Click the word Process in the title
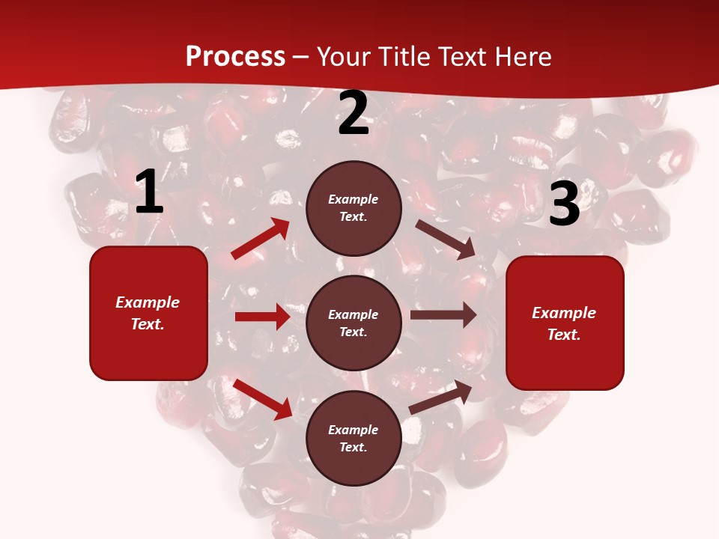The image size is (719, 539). (x=235, y=57)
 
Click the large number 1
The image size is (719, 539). (x=149, y=193)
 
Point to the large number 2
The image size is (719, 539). (x=354, y=114)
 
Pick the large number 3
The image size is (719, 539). (x=565, y=204)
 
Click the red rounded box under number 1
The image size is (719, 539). (x=148, y=313)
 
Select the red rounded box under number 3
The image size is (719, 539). (x=565, y=323)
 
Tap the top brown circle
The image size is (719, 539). (x=354, y=208)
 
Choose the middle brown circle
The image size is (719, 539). (x=354, y=323)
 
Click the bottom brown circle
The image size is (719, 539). (x=354, y=438)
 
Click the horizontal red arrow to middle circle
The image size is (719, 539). (x=262, y=317)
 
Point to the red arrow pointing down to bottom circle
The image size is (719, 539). (x=263, y=399)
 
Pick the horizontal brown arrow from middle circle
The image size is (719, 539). (x=443, y=314)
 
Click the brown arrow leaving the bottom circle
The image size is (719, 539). (x=440, y=397)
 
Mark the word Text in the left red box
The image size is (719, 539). (x=147, y=325)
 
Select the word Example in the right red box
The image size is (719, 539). (x=564, y=313)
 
